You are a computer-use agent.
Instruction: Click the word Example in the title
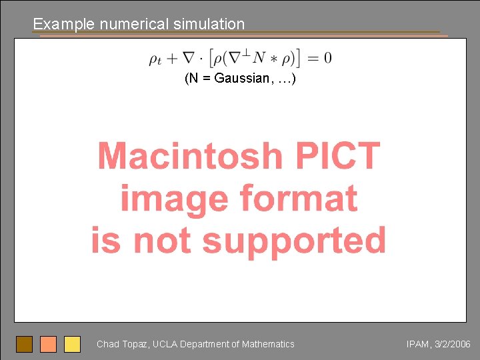(64, 25)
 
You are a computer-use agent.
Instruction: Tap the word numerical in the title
(135, 25)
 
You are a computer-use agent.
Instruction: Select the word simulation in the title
(209, 25)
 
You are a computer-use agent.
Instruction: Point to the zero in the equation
(327, 57)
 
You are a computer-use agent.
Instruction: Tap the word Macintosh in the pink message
(190, 156)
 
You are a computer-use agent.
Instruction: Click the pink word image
(175, 199)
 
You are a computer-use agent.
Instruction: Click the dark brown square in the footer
(25, 344)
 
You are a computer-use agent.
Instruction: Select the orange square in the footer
(48, 344)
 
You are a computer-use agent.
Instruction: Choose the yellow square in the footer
(72, 344)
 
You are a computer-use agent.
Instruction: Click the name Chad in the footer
(108, 345)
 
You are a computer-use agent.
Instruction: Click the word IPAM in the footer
(418, 345)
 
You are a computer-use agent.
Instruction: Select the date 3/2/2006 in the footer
(453, 345)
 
